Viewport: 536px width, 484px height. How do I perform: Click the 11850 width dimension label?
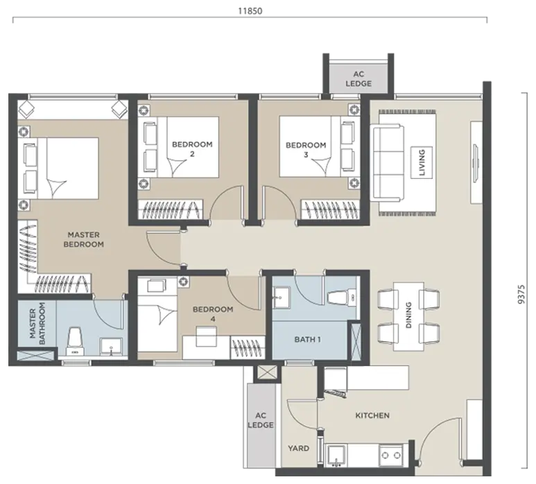click(250, 11)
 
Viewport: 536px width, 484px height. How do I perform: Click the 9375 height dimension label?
click(521, 295)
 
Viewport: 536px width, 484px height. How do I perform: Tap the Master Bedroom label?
click(84, 240)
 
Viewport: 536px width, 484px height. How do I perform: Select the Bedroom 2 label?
click(192, 149)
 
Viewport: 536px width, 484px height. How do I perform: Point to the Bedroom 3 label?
click(306, 150)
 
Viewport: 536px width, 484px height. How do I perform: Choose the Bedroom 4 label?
click(213, 314)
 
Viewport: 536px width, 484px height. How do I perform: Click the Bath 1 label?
click(307, 339)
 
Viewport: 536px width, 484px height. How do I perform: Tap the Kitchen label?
click(372, 415)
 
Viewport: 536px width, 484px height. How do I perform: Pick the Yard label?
click(298, 448)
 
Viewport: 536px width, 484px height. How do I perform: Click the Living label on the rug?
click(422, 162)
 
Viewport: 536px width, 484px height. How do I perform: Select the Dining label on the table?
click(409, 315)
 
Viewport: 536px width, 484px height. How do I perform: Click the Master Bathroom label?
click(37, 323)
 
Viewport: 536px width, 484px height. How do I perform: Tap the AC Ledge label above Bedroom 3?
click(358, 78)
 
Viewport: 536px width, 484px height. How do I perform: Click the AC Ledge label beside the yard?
click(261, 420)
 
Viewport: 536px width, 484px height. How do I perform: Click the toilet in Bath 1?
click(341, 297)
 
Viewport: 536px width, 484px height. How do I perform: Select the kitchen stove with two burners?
click(391, 455)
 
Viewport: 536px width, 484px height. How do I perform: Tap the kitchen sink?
click(337, 456)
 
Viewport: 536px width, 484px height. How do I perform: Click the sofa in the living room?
click(387, 163)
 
